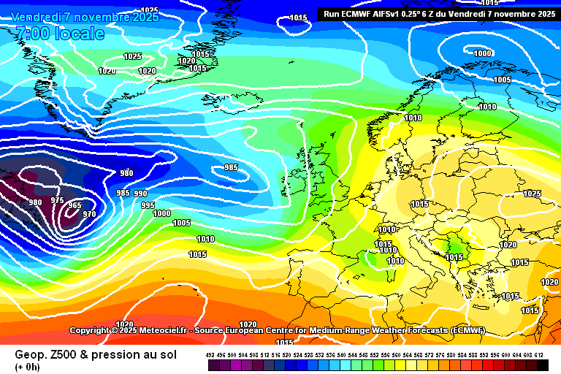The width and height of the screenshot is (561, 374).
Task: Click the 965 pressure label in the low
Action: tap(75, 205)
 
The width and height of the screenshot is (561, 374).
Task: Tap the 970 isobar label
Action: tap(89, 214)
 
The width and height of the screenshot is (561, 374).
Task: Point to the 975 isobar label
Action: tap(58, 200)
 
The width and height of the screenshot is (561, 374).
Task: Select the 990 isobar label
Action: tap(140, 194)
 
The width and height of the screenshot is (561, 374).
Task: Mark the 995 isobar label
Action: tap(148, 205)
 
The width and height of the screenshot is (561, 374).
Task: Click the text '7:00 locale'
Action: tap(59, 34)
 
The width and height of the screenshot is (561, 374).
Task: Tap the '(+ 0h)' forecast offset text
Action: tap(27, 366)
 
